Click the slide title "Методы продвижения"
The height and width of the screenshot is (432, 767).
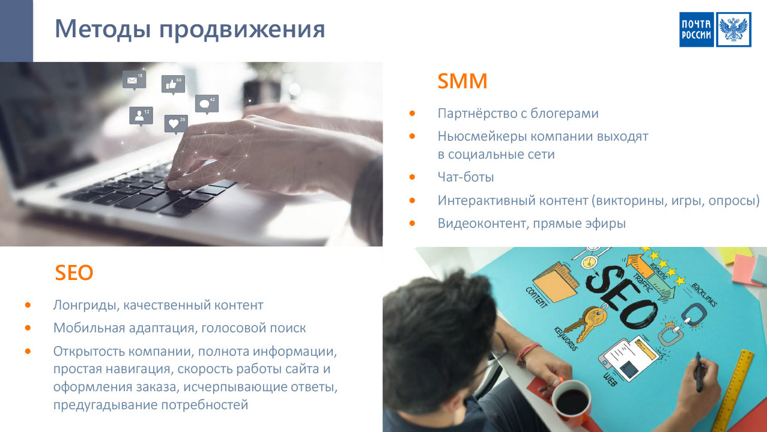[x=190, y=29]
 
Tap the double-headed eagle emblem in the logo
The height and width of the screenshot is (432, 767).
[x=733, y=29]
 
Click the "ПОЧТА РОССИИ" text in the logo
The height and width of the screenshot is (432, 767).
[x=696, y=29]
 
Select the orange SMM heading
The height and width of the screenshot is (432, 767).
[x=462, y=81]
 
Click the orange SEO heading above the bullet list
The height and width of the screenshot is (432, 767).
[x=74, y=273]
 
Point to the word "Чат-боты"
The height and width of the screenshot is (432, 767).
[x=465, y=177]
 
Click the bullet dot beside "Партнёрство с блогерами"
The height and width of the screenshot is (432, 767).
[x=412, y=114]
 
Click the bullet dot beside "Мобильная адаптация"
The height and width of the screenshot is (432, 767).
[x=28, y=328]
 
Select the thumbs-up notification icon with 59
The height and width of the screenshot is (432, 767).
[x=173, y=85]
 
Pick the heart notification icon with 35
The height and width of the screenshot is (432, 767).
[x=176, y=124]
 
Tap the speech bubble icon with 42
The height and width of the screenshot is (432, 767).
[x=207, y=104]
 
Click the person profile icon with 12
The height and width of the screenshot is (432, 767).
[x=141, y=116]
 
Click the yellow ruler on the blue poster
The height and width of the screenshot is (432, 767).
[x=733, y=391]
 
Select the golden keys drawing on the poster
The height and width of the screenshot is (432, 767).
[x=585, y=323]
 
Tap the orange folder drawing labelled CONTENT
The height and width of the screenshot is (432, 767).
[x=555, y=282]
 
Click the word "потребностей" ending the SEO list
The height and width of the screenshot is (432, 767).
[x=205, y=405]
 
